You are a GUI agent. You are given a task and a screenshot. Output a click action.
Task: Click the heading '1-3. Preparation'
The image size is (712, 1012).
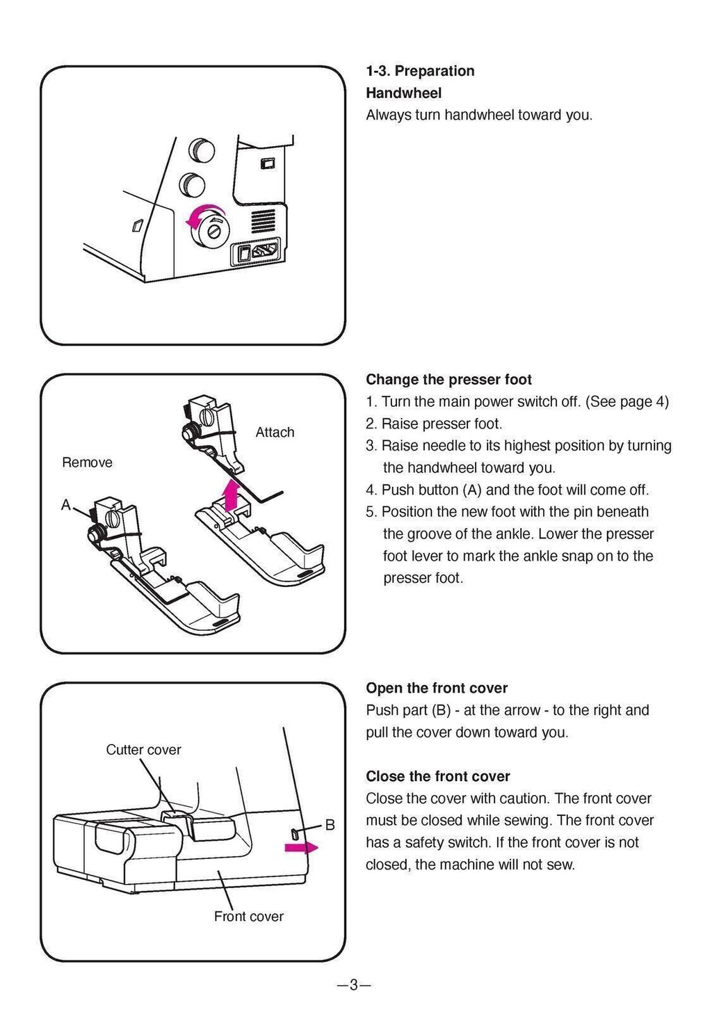tap(420, 71)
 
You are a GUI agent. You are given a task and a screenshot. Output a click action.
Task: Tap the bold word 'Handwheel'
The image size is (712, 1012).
tap(403, 93)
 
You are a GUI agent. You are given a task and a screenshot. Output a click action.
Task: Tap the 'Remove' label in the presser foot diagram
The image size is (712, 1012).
tap(87, 463)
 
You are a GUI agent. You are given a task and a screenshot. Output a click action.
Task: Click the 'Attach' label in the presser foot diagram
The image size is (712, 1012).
tap(275, 433)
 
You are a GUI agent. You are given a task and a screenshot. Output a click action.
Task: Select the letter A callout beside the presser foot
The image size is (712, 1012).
tap(66, 505)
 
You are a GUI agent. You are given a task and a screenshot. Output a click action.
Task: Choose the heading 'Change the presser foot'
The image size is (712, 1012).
tap(448, 380)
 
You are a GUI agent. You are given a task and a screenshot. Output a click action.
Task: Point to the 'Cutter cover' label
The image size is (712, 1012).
tap(143, 750)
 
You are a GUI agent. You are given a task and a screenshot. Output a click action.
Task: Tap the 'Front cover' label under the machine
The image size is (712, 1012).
tap(248, 917)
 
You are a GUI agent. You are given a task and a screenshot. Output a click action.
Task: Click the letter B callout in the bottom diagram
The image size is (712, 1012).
tap(330, 825)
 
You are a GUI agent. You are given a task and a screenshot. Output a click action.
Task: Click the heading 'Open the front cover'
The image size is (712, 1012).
tap(437, 689)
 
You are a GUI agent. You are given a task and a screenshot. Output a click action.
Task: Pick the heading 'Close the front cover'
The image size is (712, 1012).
tap(438, 776)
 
